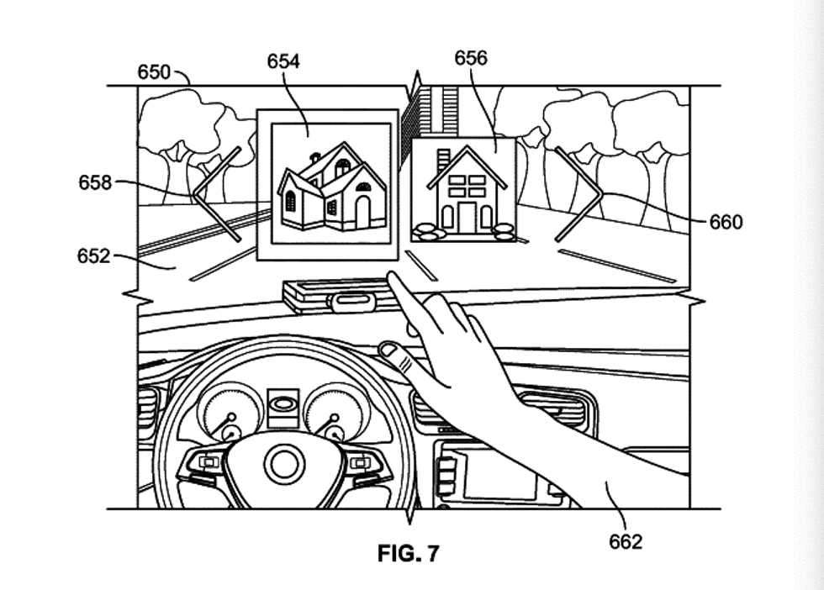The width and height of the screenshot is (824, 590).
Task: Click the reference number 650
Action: pos(154,72)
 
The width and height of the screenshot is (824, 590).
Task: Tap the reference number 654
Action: pos(283,61)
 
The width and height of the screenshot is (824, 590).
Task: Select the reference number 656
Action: pos(471,58)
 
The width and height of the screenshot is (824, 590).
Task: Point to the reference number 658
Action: pos(95,182)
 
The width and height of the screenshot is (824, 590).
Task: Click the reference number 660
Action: pos(726,222)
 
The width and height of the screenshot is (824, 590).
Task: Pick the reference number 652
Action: pos(93,255)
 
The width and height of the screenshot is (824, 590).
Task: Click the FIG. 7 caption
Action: pos(408,554)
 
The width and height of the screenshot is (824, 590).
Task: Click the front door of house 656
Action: pos(467,218)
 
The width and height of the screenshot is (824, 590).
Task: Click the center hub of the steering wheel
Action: pos(284,463)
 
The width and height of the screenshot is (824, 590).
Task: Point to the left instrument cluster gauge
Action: pos(228,413)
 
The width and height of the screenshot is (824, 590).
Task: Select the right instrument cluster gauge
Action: pos(336,413)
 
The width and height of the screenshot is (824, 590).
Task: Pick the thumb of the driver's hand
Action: pos(395,352)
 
